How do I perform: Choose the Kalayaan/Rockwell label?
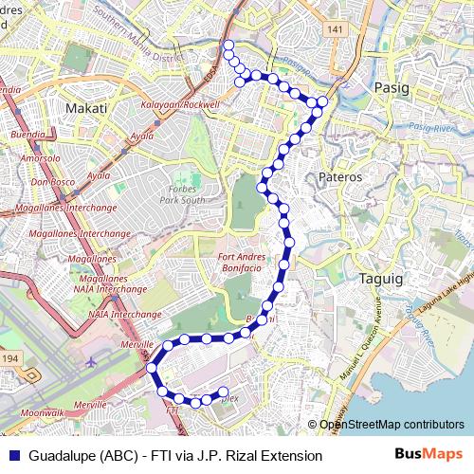pos(180,103)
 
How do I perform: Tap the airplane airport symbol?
pos(91,362)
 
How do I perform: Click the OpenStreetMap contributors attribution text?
pos(391,425)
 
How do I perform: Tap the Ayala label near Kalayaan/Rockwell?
pos(142,137)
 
